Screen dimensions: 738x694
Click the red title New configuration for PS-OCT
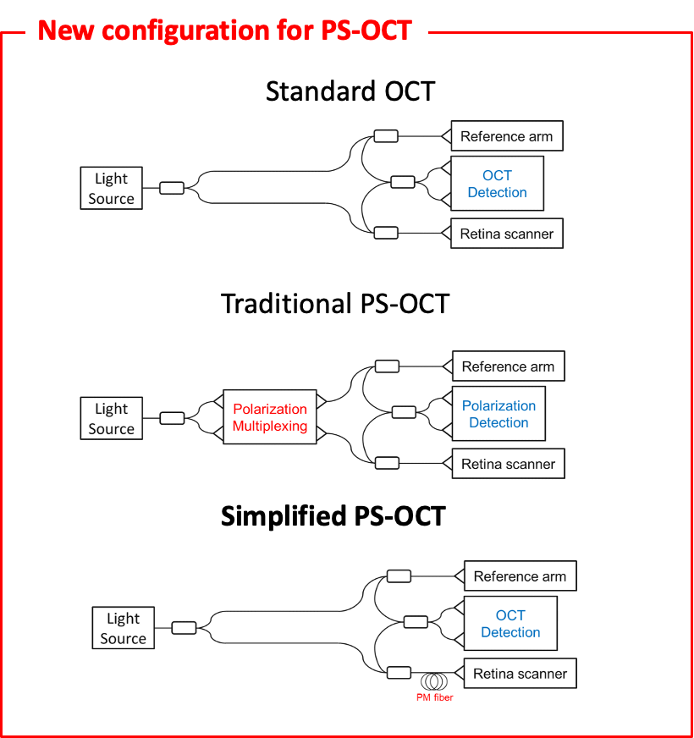pyautogui.click(x=225, y=31)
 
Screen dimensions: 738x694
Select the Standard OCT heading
pyautogui.click(x=350, y=91)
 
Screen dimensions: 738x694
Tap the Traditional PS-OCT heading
pyautogui.click(x=334, y=304)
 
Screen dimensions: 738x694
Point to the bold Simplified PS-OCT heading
pyautogui.click(x=333, y=516)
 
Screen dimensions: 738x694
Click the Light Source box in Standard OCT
pyautogui.click(x=111, y=189)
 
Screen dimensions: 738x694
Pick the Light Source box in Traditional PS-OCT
pyautogui.click(x=111, y=419)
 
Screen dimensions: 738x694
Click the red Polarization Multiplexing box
pyautogui.click(x=270, y=417)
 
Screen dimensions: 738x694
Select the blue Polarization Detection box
pyautogui.click(x=498, y=414)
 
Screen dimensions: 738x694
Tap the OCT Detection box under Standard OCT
pyautogui.click(x=497, y=184)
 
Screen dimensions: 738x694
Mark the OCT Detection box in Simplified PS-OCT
pyautogui.click(x=510, y=624)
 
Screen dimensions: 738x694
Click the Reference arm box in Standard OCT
pyautogui.click(x=506, y=136)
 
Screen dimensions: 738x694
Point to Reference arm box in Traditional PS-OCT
pyautogui.click(x=508, y=366)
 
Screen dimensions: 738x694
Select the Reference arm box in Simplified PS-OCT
pyautogui.click(x=520, y=576)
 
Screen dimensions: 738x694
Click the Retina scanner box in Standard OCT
pyautogui.click(x=506, y=234)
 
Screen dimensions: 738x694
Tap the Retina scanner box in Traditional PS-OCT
pyautogui.click(x=508, y=464)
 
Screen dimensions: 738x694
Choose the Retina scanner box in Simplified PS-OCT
pyautogui.click(x=520, y=674)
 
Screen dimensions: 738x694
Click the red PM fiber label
pyautogui.click(x=435, y=697)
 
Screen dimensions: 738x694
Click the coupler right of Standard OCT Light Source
pyautogui.click(x=171, y=188)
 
